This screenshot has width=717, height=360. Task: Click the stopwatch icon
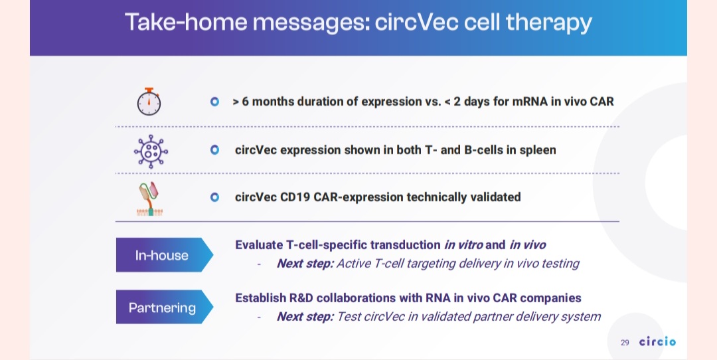pyautogui.click(x=149, y=102)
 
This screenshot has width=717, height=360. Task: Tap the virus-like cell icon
pyautogui.click(x=151, y=151)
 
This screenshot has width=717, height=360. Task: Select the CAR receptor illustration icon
pyautogui.click(x=149, y=199)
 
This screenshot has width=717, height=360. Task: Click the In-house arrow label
pyautogui.click(x=164, y=255)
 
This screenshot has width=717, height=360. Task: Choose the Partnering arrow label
pyautogui.click(x=164, y=307)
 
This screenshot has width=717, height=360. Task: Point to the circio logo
pyautogui.click(x=657, y=341)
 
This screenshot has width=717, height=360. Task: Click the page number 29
pyautogui.click(x=625, y=343)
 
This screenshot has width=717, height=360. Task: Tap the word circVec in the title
pyautogui.click(x=416, y=22)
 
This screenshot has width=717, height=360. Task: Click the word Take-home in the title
pyautogui.click(x=186, y=22)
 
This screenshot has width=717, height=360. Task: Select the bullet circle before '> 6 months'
pyautogui.click(x=214, y=102)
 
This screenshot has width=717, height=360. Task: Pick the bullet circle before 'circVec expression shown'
pyautogui.click(x=214, y=149)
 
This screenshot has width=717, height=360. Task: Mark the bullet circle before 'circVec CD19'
pyautogui.click(x=214, y=197)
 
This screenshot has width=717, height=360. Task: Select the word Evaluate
pyautogui.click(x=259, y=245)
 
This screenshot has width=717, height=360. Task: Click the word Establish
pyautogui.click(x=261, y=298)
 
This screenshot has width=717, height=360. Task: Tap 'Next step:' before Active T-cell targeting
pyautogui.click(x=305, y=264)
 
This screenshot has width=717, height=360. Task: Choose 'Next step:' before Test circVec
pyautogui.click(x=305, y=317)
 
